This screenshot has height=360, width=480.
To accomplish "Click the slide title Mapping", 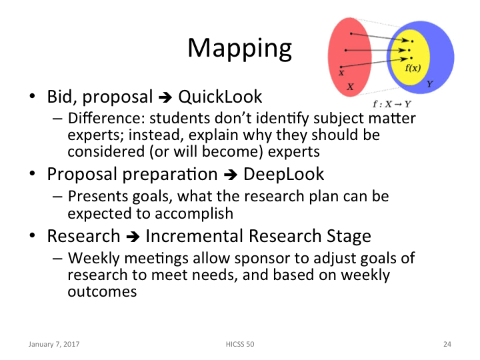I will tap(239, 49).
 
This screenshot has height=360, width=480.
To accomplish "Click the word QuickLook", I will tap(220, 97).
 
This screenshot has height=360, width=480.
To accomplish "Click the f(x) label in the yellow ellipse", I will tap(413, 68).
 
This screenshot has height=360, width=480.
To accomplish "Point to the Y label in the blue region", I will tap(429, 84).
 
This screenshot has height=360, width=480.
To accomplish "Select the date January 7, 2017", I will tap(53, 345).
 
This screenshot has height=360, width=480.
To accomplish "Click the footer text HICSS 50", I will tap(240, 345).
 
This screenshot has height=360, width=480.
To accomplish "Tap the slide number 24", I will tap(447, 345).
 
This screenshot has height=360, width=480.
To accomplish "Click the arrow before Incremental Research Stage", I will tap(133, 237).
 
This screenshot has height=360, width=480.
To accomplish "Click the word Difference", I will tap(98, 119).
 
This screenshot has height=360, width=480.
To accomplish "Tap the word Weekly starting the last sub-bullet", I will tap(92, 258).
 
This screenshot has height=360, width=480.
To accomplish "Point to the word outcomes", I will tap(102, 291).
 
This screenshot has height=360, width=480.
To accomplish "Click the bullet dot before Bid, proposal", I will tap(31, 98).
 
